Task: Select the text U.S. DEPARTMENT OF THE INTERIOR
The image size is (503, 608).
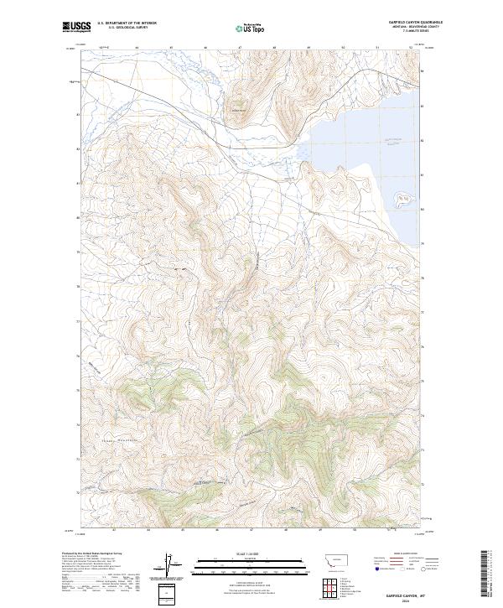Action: click(127, 23)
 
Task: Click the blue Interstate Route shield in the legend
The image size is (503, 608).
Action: click(370, 568)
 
